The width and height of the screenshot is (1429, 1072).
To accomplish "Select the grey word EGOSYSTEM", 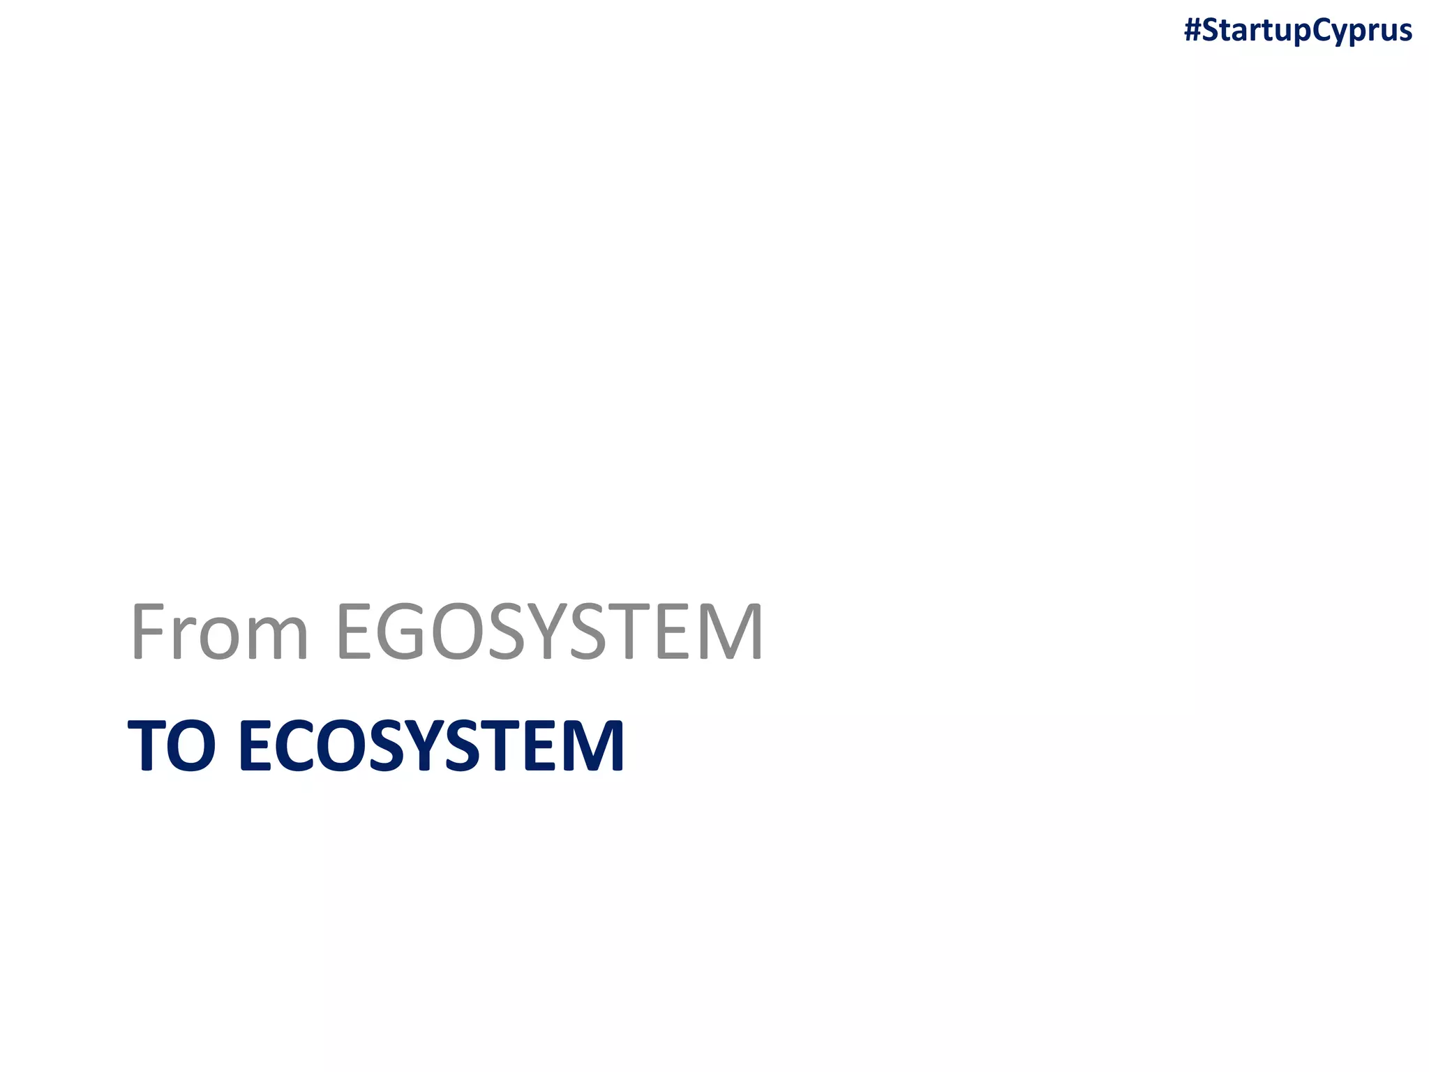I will coord(550,632).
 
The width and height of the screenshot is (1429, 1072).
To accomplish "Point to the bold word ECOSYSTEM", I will coord(431,745).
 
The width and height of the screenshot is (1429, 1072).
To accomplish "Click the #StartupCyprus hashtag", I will coord(1298,31).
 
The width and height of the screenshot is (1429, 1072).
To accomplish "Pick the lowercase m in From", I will coord(274,639).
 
